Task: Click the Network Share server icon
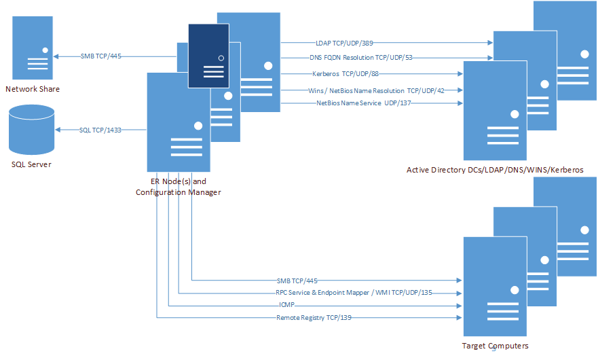(x=33, y=48)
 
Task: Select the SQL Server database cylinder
(x=31, y=130)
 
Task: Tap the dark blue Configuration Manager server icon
(x=208, y=56)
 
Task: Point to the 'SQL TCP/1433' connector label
(x=100, y=129)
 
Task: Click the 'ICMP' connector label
(x=287, y=305)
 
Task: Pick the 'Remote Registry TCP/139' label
(x=314, y=317)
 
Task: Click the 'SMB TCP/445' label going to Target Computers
(x=297, y=280)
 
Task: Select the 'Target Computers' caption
(x=495, y=346)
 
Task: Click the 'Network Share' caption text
(x=33, y=89)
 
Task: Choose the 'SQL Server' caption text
(x=31, y=164)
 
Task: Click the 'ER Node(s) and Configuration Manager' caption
(x=178, y=187)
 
